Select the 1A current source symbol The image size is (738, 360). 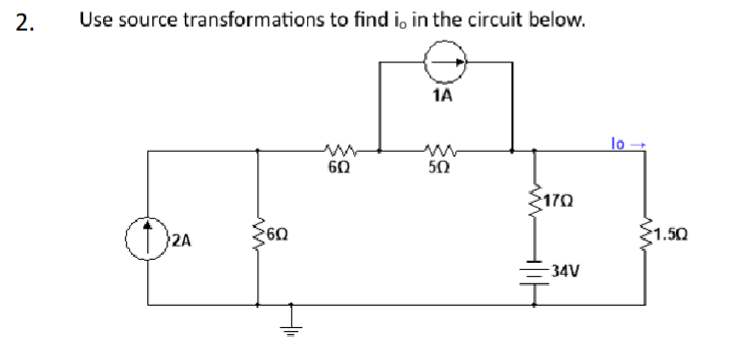pyautogui.click(x=442, y=61)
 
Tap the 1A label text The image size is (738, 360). pyautogui.click(x=443, y=96)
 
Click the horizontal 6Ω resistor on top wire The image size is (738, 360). pyautogui.click(x=337, y=151)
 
